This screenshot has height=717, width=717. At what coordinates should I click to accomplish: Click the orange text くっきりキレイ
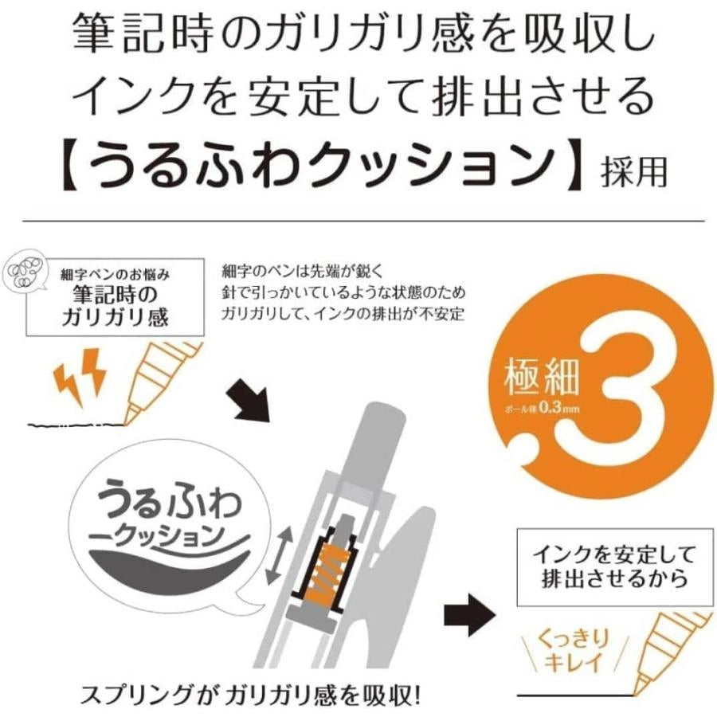(x=572, y=650)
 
